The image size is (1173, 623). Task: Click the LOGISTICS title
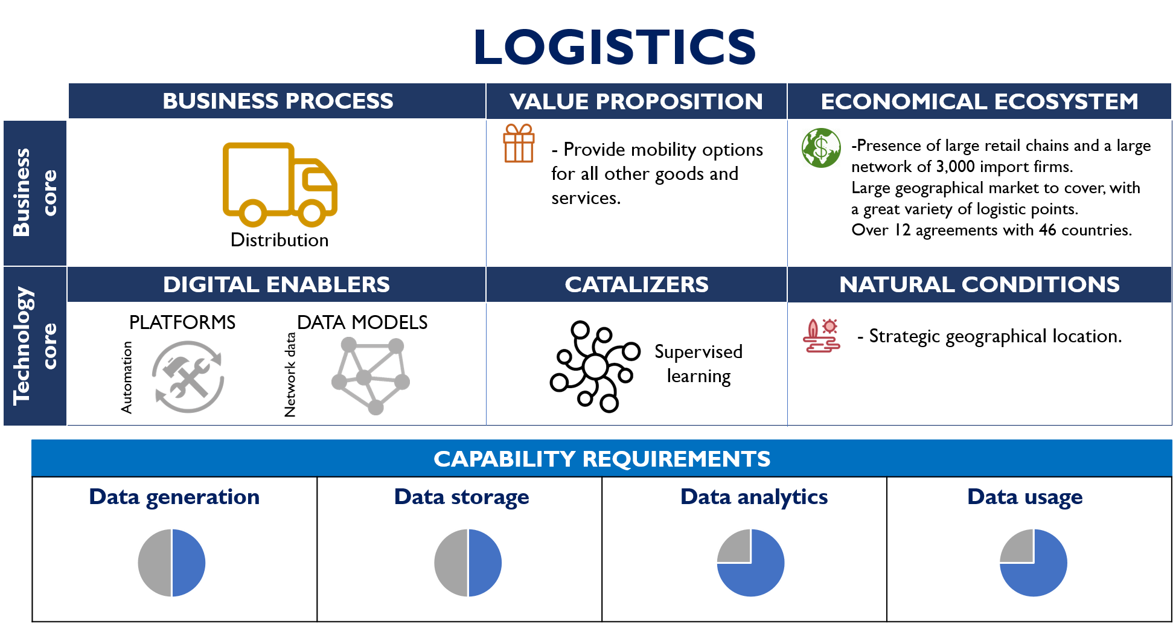pyautogui.click(x=615, y=47)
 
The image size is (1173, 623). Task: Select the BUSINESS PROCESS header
pyautogui.click(x=278, y=101)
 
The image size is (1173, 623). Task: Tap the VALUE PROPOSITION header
pyautogui.click(x=636, y=101)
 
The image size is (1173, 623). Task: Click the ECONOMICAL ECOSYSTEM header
pyautogui.click(x=979, y=101)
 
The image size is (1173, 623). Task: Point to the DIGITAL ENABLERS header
pyautogui.click(x=276, y=284)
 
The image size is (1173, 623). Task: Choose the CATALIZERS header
pyautogui.click(x=636, y=284)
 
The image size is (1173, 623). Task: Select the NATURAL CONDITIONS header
pyautogui.click(x=979, y=284)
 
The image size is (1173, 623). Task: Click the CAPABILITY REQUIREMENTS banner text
pyautogui.click(x=602, y=459)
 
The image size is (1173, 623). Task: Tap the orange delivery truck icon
pyautogui.click(x=280, y=185)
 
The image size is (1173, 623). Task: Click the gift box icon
pyautogui.click(x=519, y=144)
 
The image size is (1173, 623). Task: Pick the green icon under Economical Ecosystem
pyautogui.click(x=821, y=148)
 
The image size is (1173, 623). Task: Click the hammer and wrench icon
pyautogui.click(x=188, y=377)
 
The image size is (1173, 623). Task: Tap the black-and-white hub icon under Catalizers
pyautogui.click(x=595, y=366)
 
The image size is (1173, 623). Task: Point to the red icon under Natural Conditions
pyautogui.click(x=821, y=336)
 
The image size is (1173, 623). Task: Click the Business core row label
pyautogui.click(x=34, y=193)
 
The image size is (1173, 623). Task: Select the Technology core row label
pyautogui.click(x=34, y=346)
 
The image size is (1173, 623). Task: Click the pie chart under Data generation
pyautogui.click(x=171, y=563)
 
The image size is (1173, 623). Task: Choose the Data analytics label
pyautogui.click(x=753, y=497)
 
